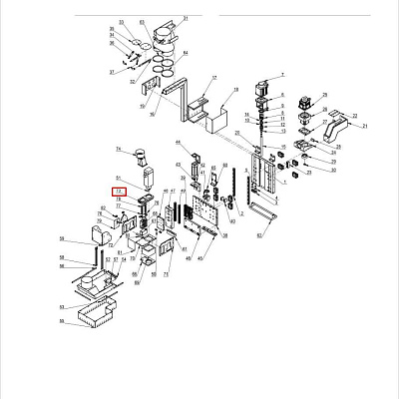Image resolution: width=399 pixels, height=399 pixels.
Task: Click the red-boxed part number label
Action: point(119,190)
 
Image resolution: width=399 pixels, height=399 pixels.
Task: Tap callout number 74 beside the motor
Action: point(118,149)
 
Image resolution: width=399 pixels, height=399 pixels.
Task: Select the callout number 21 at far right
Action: point(365,127)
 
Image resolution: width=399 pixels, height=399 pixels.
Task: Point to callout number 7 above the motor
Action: point(282,76)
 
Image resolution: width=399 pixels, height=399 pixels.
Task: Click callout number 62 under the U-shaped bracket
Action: point(258,236)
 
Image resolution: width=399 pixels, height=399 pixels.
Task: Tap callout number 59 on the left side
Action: point(62,239)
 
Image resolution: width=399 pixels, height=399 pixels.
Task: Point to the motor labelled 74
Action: point(140,158)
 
